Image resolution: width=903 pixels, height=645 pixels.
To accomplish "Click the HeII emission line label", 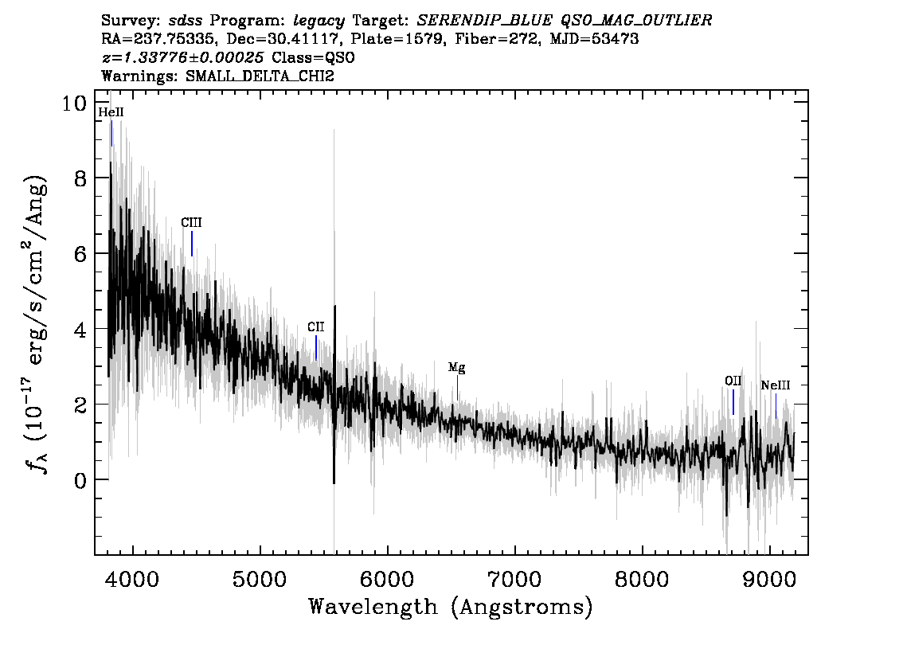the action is (x=111, y=112).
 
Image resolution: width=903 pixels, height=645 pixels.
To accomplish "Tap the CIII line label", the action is (x=191, y=223).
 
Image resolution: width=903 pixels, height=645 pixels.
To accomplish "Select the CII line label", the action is (x=315, y=327).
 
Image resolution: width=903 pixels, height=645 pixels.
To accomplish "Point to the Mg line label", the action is (x=457, y=367).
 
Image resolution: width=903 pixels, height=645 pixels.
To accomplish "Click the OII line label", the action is (x=733, y=381).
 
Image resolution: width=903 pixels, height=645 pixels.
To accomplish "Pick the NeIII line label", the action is (x=775, y=386).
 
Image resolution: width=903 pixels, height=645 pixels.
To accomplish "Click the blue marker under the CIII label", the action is (x=192, y=244).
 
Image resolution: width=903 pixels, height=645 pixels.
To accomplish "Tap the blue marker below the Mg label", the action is (x=457, y=388).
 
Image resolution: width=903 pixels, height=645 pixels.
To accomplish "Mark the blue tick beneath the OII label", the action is (x=733, y=402).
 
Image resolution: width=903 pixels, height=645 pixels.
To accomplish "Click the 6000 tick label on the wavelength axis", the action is (x=387, y=580).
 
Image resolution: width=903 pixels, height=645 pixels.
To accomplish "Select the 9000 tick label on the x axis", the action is (x=768, y=580).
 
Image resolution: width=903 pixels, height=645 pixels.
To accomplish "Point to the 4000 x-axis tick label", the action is (x=132, y=580).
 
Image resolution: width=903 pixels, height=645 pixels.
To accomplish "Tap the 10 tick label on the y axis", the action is (x=74, y=104).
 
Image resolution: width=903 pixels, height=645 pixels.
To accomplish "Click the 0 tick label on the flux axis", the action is (x=80, y=479).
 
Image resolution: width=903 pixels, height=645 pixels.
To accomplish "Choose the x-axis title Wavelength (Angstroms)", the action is (x=451, y=607).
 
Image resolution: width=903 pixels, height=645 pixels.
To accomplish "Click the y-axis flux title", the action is (x=36, y=323).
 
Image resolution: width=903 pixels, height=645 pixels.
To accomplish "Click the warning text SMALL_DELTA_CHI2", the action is (x=260, y=76).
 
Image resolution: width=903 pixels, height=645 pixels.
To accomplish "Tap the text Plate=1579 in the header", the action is (x=394, y=39).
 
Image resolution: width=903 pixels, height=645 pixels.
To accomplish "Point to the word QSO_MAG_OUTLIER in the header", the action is (x=636, y=21).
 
